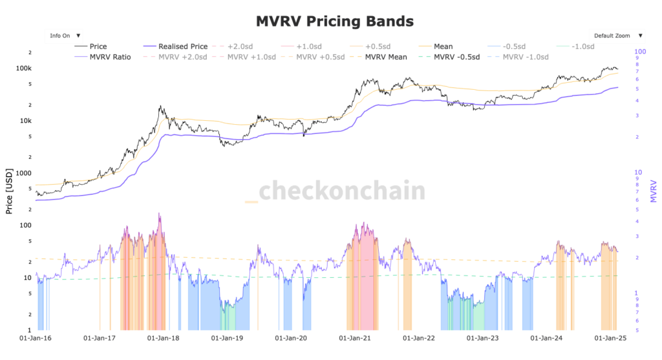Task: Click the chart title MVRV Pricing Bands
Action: tap(334, 21)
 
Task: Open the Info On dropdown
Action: tap(65, 36)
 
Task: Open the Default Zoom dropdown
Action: tap(617, 36)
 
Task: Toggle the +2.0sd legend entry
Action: tap(240, 47)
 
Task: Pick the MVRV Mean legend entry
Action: tap(385, 57)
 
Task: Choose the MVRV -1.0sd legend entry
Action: tap(525, 57)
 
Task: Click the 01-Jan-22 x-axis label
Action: tap(420, 337)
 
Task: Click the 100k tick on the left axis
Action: tap(41, 68)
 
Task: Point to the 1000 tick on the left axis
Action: tap(41, 173)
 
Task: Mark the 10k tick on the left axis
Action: tap(43, 121)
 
